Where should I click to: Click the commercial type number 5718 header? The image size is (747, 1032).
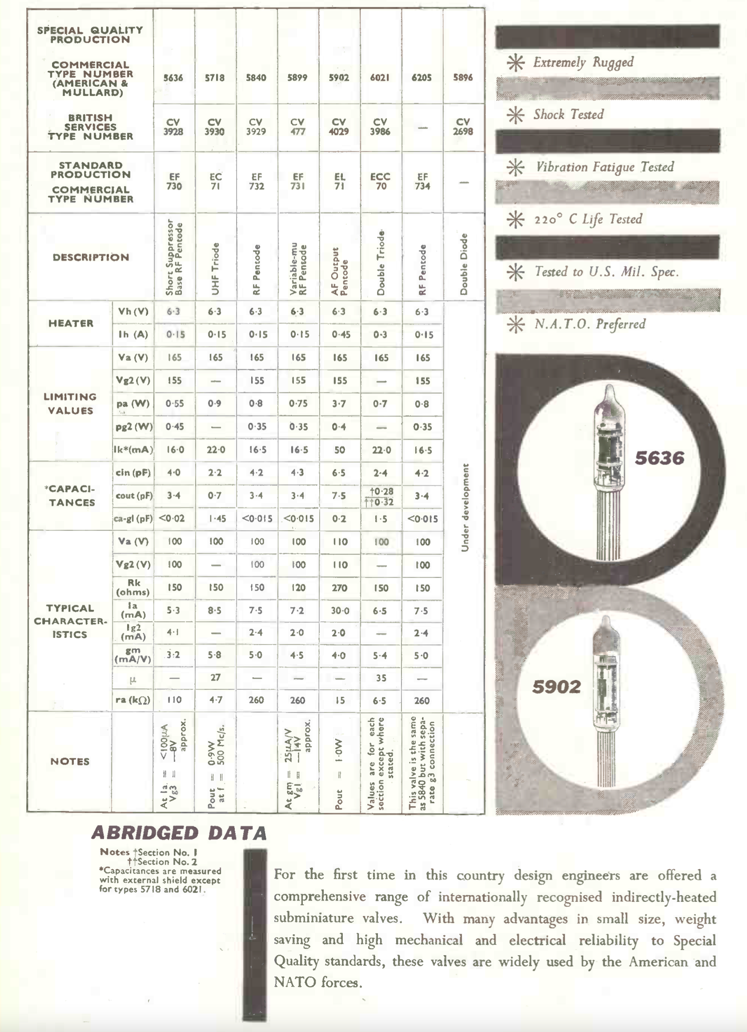click(x=214, y=78)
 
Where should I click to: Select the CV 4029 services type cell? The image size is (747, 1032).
click(x=339, y=127)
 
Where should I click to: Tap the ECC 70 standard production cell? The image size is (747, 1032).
click(x=381, y=181)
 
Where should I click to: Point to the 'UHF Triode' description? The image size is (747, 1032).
click(x=215, y=268)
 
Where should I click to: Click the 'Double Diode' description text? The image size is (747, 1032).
click(x=463, y=264)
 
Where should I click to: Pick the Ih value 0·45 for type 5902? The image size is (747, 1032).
click(x=339, y=334)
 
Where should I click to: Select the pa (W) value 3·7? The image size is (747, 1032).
click(x=339, y=404)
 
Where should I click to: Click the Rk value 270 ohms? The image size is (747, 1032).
click(x=339, y=588)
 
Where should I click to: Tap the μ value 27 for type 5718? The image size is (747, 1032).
click(x=215, y=677)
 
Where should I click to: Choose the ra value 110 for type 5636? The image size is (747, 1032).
click(x=174, y=700)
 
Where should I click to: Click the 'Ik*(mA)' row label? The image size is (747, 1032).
click(x=133, y=450)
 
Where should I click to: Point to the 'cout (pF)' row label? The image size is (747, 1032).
click(x=133, y=496)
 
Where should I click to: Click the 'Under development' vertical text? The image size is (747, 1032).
click(x=465, y=508)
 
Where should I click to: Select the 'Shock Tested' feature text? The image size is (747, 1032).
click(x=569, y=115)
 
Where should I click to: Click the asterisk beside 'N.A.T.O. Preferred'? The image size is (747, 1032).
click(x=516, y=324)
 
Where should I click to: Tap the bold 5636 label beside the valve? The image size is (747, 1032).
click(x=659, y=458)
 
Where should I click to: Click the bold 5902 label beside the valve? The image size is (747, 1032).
click(x=556, y=687)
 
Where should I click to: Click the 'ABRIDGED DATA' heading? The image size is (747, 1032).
click(x=179, y=833)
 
